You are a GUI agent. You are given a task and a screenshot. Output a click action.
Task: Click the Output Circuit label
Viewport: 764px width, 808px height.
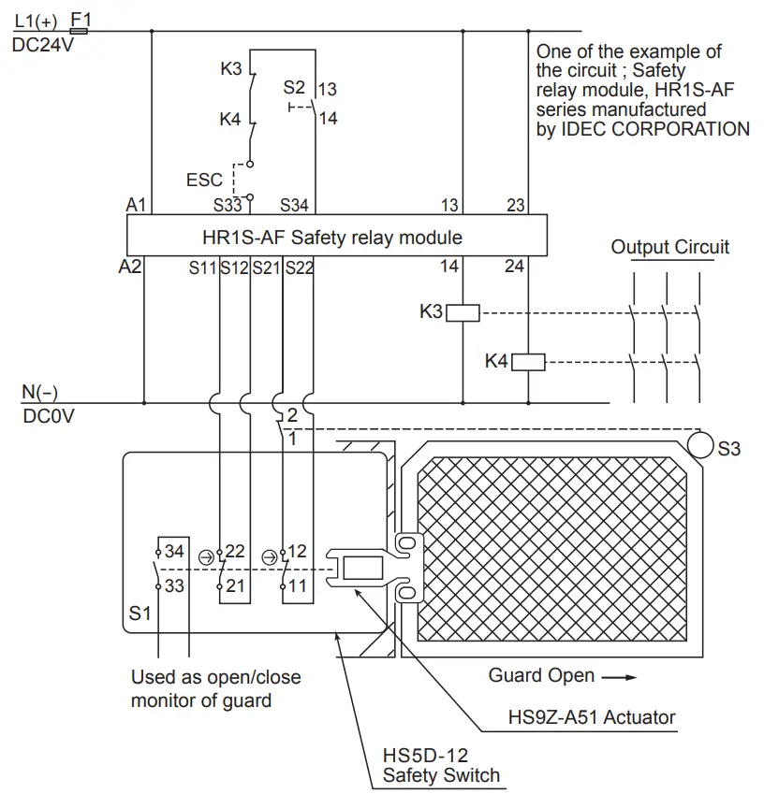click(x=669, y=247)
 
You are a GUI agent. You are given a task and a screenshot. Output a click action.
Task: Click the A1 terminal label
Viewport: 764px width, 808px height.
click(x=137, y=205)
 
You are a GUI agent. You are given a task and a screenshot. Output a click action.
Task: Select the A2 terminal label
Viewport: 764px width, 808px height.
click(x=130, y=267)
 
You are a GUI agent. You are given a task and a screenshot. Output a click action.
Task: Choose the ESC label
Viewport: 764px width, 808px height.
click(x=205, y=179)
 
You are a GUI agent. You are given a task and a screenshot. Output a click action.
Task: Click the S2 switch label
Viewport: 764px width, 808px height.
click(x=294, y=89)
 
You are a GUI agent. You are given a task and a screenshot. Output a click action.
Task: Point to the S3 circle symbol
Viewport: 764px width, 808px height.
click(x=700, y=440)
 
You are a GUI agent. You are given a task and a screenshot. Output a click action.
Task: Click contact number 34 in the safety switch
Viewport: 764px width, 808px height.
click(x=173, y=552)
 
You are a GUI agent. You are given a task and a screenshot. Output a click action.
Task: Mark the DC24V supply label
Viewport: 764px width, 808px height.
click(x=42, y=44)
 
